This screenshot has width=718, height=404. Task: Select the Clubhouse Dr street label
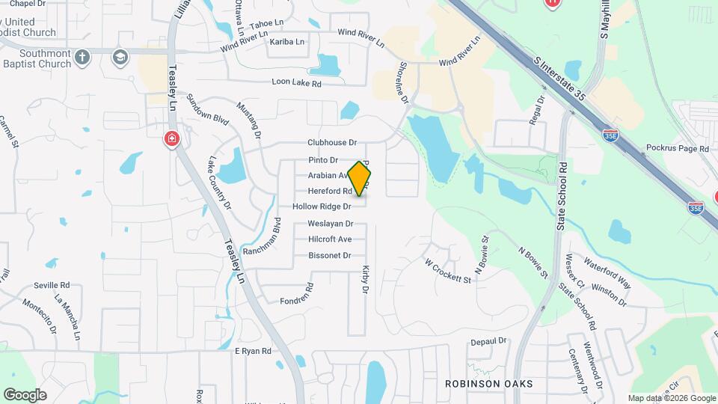[x=332, y=142]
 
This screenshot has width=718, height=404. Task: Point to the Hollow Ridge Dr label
[x=322, y=206]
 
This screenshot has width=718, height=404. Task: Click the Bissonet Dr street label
[x=330, y=256]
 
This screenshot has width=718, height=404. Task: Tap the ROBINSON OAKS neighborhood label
[x=488, y=384]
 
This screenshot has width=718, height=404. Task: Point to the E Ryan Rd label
[x=253, y=350]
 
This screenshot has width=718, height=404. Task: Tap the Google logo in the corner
[x=25, y=394]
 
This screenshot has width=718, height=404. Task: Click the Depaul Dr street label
[x=489, y=341]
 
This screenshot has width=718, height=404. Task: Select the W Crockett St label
[x=448, y=272]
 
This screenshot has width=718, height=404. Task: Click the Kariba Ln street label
[x=287, y=42]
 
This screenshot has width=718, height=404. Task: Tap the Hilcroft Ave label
[x=330, y=239]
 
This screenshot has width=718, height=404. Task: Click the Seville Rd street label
[x=52, y=285]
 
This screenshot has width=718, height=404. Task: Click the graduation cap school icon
[x=120, y=57]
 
